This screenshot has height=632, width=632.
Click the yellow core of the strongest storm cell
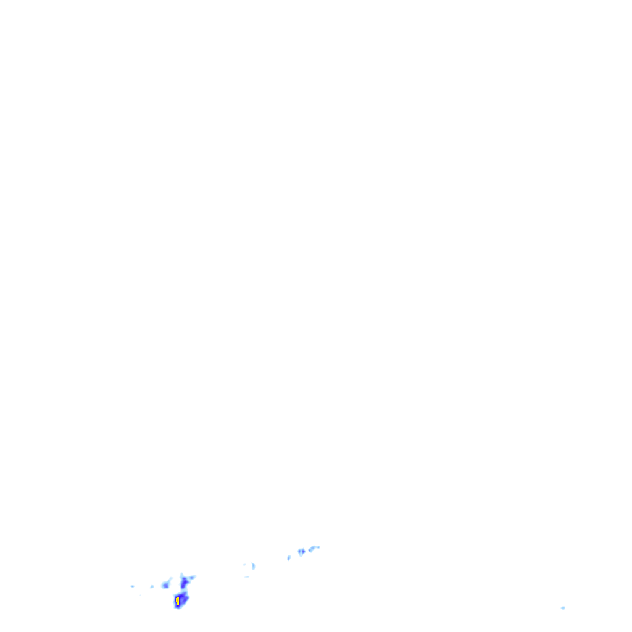tap(178, 600)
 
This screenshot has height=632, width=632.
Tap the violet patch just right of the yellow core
tap(183, 599)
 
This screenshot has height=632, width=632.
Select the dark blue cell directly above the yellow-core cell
tap(184, 583)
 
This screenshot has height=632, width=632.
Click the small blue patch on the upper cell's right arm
tap(192, 578)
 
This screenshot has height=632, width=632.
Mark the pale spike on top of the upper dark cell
tap(181, 574)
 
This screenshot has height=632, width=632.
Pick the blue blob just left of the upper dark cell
tap(165, 584)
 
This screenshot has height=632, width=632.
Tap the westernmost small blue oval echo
tap(132, 586)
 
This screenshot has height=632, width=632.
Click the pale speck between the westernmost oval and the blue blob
tap(152, 586)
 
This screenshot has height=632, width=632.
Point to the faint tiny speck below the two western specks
tap(141, 594)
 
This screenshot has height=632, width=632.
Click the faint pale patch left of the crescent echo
tap(244, 564)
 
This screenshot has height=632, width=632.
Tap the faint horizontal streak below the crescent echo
tap(247, 576)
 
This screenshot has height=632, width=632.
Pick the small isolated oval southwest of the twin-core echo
tap(288, 558)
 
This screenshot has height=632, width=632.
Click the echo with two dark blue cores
tap(301, 551)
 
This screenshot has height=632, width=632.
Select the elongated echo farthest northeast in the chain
tap(314, 548)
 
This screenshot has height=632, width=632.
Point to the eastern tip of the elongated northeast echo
tap(318, 547)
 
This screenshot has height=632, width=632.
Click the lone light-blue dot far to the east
tap(563, 608)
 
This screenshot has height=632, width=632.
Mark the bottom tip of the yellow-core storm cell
tap(177, 607)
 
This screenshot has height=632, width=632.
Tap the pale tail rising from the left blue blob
tap(170, 579)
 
